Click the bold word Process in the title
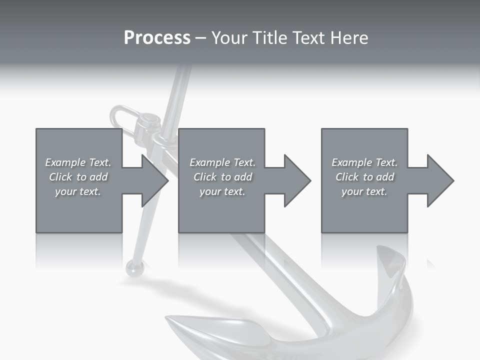157,38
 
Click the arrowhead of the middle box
296,180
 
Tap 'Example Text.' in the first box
78,162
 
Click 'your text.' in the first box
78,191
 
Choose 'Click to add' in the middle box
222,177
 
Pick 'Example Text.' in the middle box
222,162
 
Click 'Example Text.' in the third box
364,162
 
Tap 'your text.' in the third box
364,191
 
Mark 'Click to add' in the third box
364,177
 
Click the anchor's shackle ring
120,117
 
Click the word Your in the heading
228,38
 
